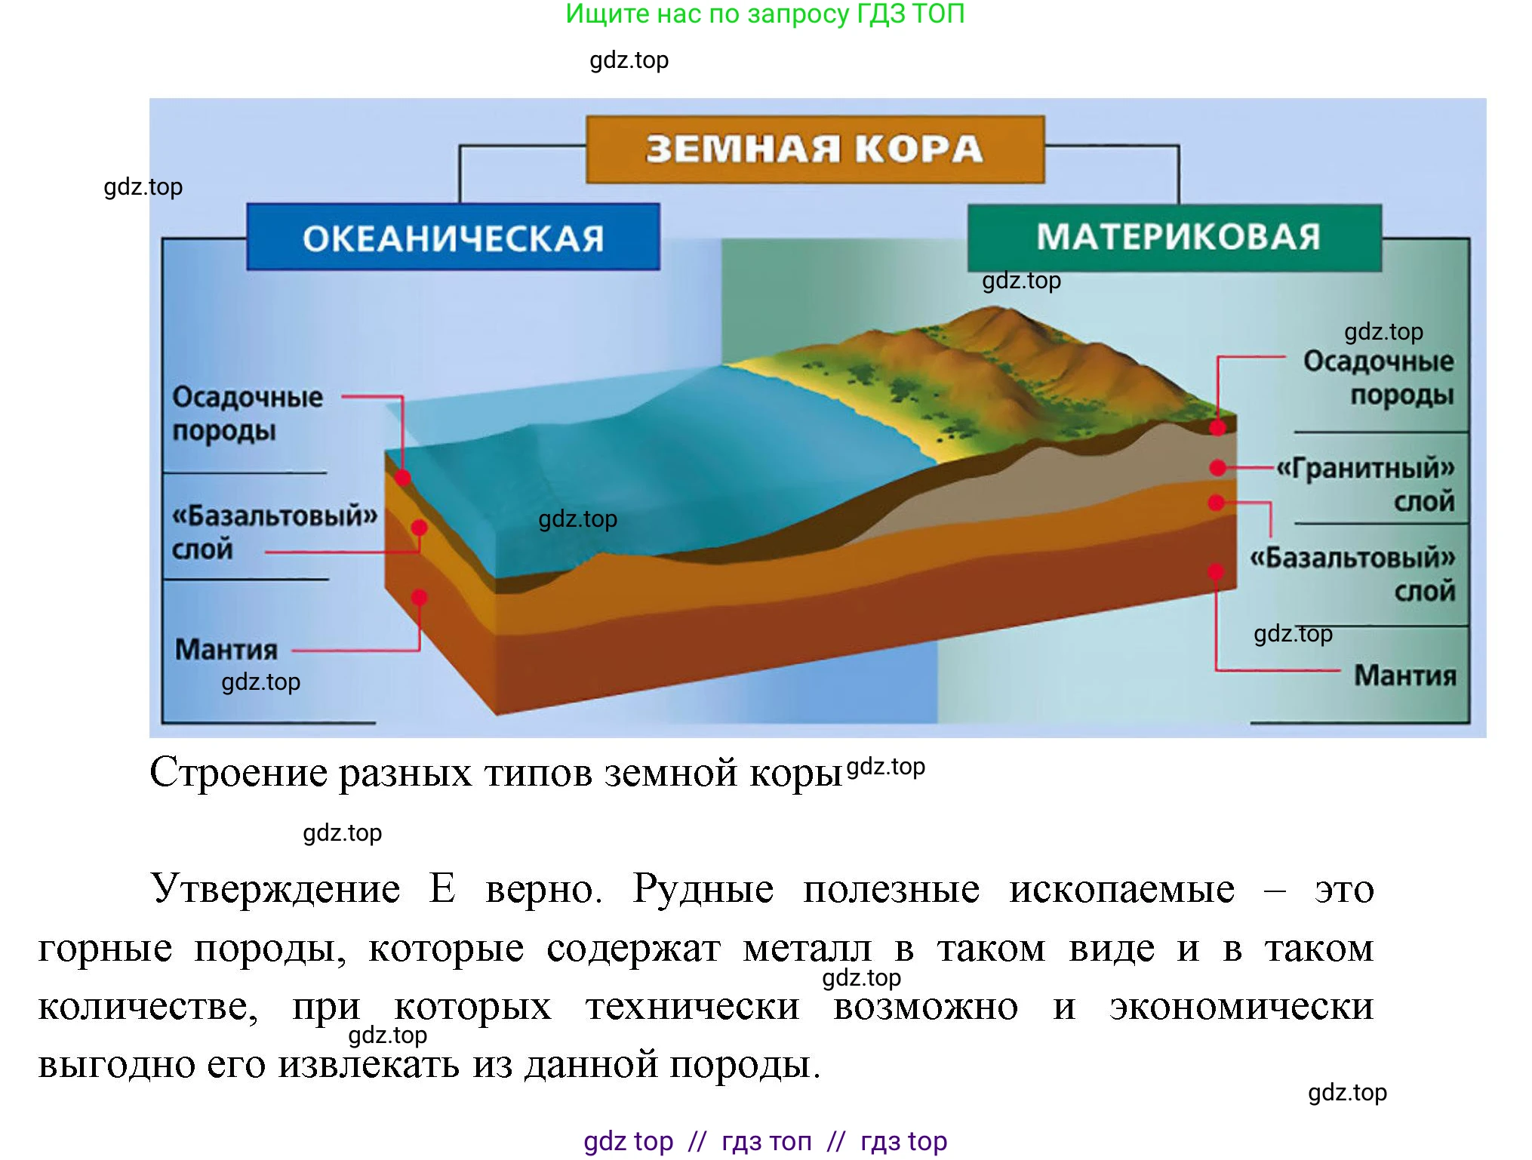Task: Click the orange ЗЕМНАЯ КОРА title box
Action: [x=815, y=149]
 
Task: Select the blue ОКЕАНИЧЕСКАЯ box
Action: [x=453, y=237]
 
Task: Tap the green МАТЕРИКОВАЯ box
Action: [x=1175, y=237]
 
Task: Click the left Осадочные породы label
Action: [x=247, y=414]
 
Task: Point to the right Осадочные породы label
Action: [x=1378, y=377]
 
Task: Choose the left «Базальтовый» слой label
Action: [x=273, y=532]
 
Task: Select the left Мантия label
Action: [x=226, y=649]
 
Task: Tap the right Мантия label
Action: [x=1404, y=675]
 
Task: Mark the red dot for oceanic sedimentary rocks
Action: [x=403, y=478]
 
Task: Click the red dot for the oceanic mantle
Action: [x=420, y=598]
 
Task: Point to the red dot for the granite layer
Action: [x=1217, y=468]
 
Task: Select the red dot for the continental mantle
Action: [x=1216, y=571]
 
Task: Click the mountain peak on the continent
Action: [x=995, y=309]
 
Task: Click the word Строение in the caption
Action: [x=238, y=772]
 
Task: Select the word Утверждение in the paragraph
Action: [x=275, y=888]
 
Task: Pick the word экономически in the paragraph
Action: [x=1241, y=1006]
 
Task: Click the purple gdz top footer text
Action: [x=628, y=1140]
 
